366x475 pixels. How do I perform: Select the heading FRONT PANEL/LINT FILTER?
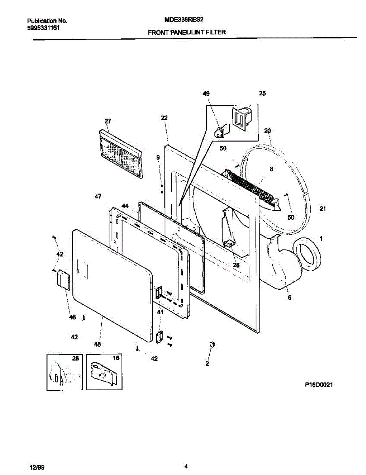coord(187,32)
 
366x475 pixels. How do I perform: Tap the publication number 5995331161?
coord(44,28)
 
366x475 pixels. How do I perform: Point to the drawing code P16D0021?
coord(318,384)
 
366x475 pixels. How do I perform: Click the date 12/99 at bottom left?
coord(36,467)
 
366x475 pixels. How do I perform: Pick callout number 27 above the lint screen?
coord(108,121)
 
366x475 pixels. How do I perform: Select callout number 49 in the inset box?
coord(206,94)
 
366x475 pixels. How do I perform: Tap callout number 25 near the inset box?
coord(262,94)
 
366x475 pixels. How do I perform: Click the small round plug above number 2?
coord(212,344)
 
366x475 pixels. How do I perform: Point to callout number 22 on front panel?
coord(165,118)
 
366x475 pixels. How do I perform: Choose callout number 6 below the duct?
coord(289,297)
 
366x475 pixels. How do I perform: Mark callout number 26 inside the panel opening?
coord(236,265)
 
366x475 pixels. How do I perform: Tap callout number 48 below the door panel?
coord(97,344)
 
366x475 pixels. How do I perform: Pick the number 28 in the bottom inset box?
coord(75,358)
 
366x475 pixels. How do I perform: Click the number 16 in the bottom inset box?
coord(116,358)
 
